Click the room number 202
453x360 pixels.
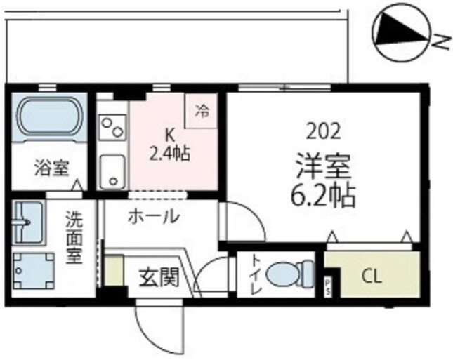coord(323,130)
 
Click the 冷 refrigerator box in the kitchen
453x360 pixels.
coord(202,109)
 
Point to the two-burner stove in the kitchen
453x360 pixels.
coord(112,127)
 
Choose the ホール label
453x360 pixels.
coord(152,216)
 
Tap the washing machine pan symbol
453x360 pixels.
coord(32,270)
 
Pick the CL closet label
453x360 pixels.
coord(372,276)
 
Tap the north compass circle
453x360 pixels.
coord(398,33)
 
